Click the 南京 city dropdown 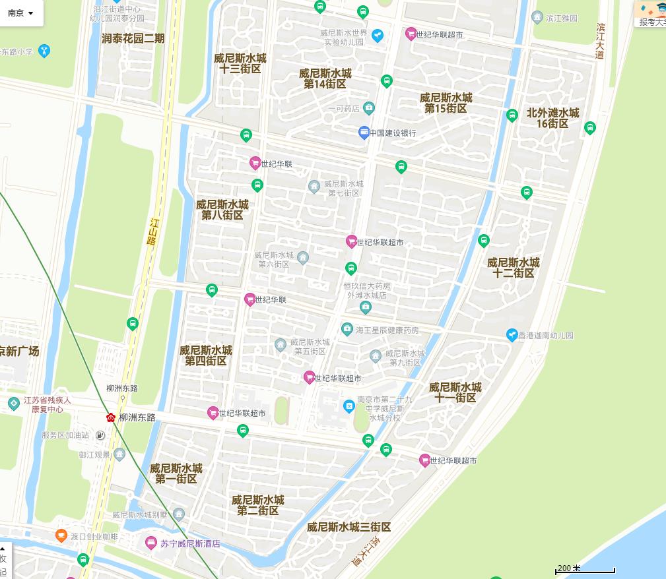(20, 13)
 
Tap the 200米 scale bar (585, 569)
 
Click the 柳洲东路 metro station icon (111, 417)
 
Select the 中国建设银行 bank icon (364, 133)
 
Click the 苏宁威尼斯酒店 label (189, 544)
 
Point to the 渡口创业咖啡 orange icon (61, 535)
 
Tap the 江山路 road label (152, 231)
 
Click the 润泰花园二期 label (133, 38)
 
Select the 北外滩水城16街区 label (552, 118)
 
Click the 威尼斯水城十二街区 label (514, 268)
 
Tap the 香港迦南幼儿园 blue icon (512, 335)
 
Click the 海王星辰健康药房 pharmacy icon (347, 329)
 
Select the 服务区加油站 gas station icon (100, 435)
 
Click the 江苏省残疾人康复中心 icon (14, 403)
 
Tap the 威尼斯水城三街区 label (349, 527)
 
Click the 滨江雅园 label (562, 18)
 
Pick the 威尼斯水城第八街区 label (222, 210)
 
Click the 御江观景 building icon (119, 454)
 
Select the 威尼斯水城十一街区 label (455, 392)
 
